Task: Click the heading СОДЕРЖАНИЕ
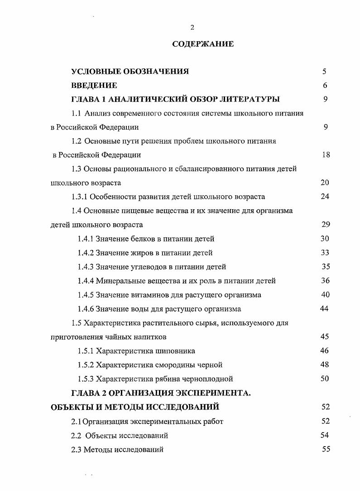pos(203,44)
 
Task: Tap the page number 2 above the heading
pos(192,28)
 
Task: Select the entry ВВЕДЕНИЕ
pos(94,85)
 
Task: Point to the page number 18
pos(326,155)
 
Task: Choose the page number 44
pos(324,309)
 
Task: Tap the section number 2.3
pos(77,450)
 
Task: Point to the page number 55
pos(326,449)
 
